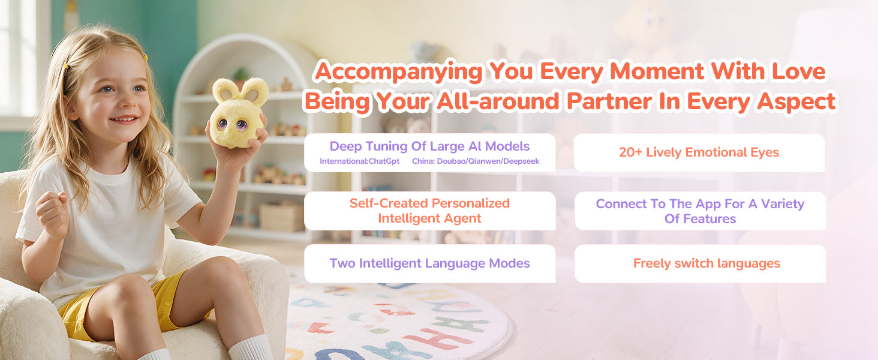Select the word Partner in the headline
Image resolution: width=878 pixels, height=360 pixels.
[x=610, y=101]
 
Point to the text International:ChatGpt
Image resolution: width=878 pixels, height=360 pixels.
[x=359, y=161]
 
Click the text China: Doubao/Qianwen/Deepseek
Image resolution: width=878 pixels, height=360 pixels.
[x=476, y=161]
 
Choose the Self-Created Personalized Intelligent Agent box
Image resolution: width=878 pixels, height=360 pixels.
[x=429, y=211]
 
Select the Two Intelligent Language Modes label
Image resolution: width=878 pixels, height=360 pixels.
[x=429, y=263]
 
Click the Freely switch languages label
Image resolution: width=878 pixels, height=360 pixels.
[x=706, y=263]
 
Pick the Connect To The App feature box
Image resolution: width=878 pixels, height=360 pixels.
[x=700, y=211]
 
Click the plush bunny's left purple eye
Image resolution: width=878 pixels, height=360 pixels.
[x=222, y=124]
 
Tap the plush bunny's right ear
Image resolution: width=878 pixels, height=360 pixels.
[x=254, y=92]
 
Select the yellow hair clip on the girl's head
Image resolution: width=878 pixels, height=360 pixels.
[x=66, y=65]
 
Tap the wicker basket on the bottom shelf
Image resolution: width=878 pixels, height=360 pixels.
[x=281, y=217]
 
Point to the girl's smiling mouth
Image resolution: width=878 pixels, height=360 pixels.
[x=124, y=119]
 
